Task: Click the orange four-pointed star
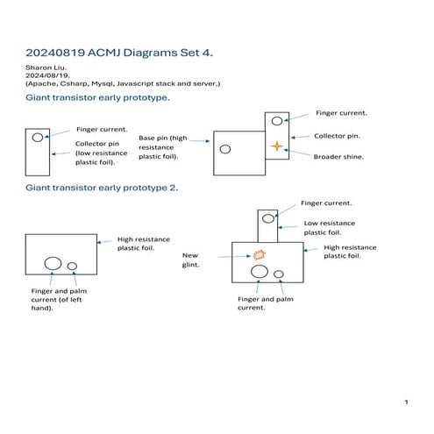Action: pyautogui.click(x=276, y=146)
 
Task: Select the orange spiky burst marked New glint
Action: pyautogui.click(x=259, y=254)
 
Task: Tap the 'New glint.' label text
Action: pyautogui.click(x=190, y=260)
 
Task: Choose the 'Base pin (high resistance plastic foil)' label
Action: pyautogui.click(x=163, y=147)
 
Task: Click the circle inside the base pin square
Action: pyautogui.click(x=225, y=149)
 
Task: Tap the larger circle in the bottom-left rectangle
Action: pyautogui.click(x=53, y=263)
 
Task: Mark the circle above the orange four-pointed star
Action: pyautogui.click(x=276, y=120)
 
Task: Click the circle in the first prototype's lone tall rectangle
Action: pyautogui.click(x=37, y=138)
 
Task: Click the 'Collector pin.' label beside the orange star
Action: pyautogui.click(x=338, y=136)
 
